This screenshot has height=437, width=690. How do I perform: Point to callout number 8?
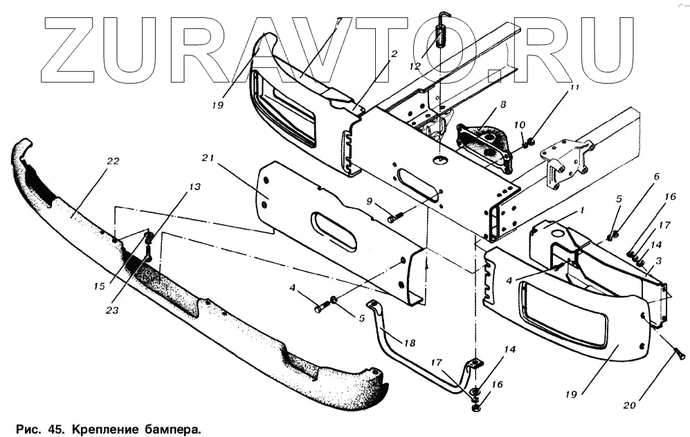pos(503,104)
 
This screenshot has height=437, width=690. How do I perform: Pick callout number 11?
pos(574,89)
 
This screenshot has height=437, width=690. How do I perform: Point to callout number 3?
pos(660,261)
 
